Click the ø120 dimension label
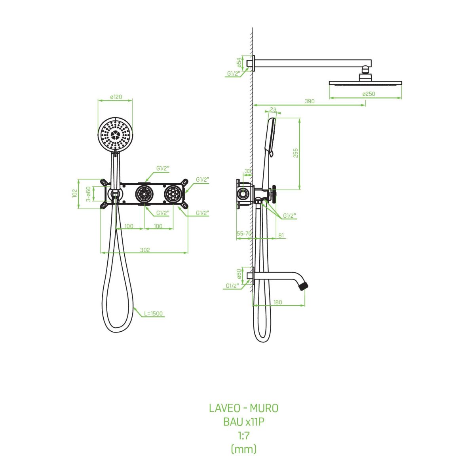pos(116,97)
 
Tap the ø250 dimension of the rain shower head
pos(369,94)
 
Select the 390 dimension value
pos(310,101)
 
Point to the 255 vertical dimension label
pos(296,153)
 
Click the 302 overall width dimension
pos(145,250)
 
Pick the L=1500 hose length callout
pos(153,313)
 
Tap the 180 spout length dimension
pos(278,302)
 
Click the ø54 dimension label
pos(239,63)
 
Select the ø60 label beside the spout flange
pos(239,274)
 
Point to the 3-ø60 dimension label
pos(88,194)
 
